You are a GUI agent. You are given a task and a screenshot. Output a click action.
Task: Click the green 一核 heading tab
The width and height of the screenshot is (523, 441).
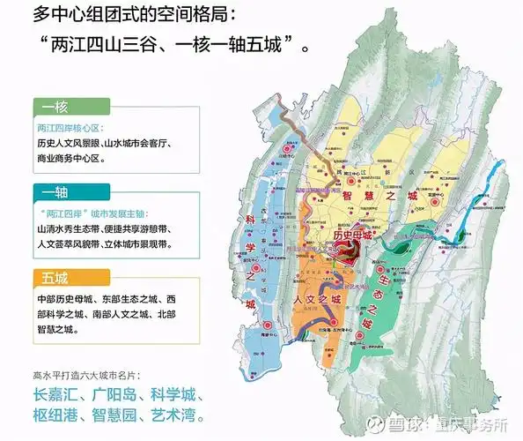point(55,107)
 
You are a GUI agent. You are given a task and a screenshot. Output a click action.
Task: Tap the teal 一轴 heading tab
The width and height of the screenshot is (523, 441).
point(55,191)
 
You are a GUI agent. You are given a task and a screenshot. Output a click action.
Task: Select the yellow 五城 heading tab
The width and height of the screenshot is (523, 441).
point(55,277)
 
